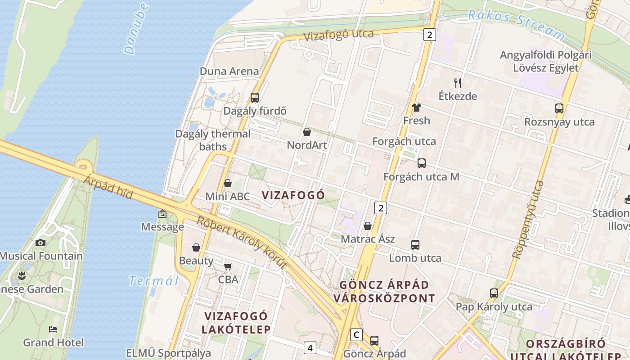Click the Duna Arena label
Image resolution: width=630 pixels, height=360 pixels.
pyautogui.click(x=229, y=71)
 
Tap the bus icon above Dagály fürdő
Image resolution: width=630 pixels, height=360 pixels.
pyautogui.click(x=254, y=98)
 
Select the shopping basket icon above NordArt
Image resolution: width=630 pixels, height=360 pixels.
pyautogui.click(x=307, y=132)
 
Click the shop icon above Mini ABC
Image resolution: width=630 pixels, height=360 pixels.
pyautogui.click(x=228, y=183)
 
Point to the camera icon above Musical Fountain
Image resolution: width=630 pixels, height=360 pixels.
pyautogui.click(x=40, y=243)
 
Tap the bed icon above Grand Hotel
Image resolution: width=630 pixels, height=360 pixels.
pyautogui.click(x=53, y=329)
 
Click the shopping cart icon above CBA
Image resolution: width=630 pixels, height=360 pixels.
pyautogui.click(x=228, y=266)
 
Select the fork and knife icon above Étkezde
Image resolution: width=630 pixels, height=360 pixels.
pyautogui.click(x=458, y=83)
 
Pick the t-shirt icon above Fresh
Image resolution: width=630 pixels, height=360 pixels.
pyautogui.click(x=416, y=108)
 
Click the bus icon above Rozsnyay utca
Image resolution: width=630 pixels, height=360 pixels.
pyautogui.click(x=559, y=108)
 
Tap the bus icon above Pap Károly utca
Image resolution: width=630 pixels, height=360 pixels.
pyautogui.click(x=494, y=293)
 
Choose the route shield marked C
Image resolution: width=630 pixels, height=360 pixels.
pyautogui.click(x=356, y=335)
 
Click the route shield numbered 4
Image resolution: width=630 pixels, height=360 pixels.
pyautogui.click(x=310, y=347)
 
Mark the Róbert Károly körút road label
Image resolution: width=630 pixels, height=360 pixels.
pyautogui.click(x=242, y=242)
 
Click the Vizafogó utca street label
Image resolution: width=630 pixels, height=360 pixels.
pyautogui.click(x=338, y=35)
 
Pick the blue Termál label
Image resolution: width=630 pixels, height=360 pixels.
pyautogui.click(x=153, y=281)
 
